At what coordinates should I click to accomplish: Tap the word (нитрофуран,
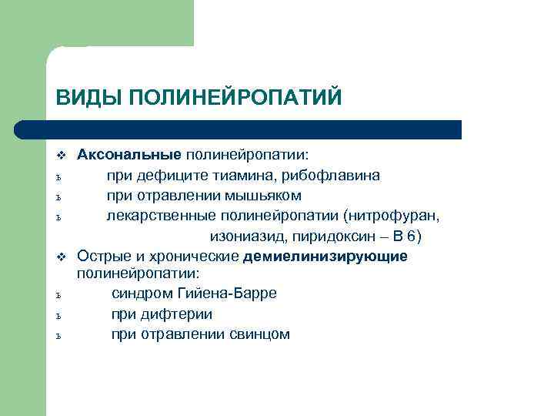pyautogui.click(x=391, y=215)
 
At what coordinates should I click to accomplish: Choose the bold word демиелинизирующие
pyautogui.click(x=325, y=256)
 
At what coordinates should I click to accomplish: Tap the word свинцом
pyautogui.click(x=259, y=334)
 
